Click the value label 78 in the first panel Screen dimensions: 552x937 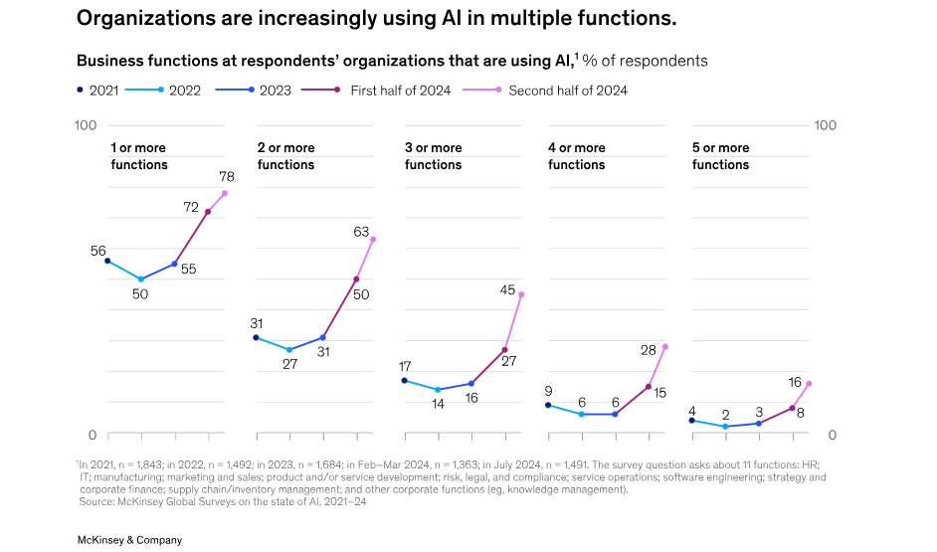click(x=226, y=177)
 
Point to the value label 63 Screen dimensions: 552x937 click(x=362, y=232)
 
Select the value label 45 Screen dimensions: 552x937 click(x=507, y=290)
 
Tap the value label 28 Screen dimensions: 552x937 click(x=649, y=350)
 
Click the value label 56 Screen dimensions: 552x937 click(x=98, y=251)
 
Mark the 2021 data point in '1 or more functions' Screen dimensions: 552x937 click(x=107, y=261)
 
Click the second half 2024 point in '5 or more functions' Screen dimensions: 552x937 click(x=809, y=384)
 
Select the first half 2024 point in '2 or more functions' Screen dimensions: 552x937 click(x=356, y=279)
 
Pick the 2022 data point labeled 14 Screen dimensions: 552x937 click(x=438, y=390)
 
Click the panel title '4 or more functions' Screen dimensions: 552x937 click(x=577, y=156)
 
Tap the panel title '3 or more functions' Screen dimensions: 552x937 click(x=434, y=156)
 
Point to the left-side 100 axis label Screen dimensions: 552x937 click(x=86, y=125)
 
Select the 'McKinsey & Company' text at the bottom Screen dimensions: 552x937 click(x=129, y=540)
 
